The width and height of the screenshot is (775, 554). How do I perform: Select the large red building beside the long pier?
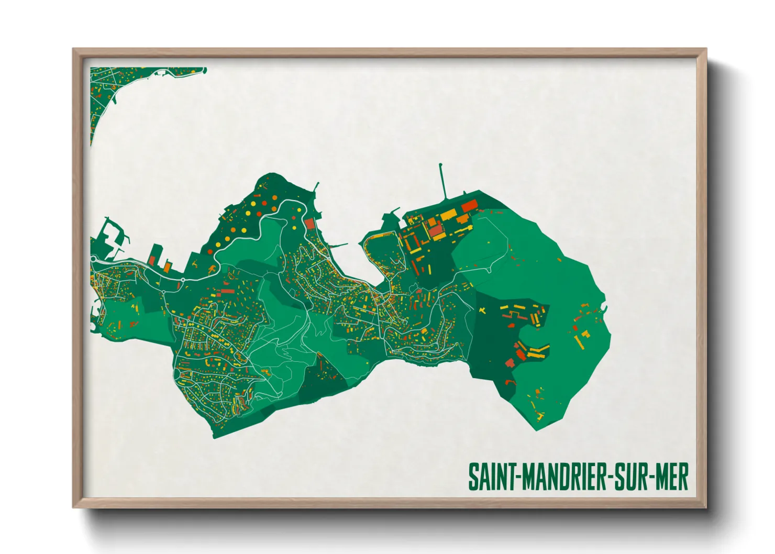[469, 205]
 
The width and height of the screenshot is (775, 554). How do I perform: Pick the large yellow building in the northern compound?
[448, 215]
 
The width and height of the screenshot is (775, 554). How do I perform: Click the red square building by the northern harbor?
[309, 224]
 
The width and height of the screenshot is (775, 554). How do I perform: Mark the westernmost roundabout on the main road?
[94, 259]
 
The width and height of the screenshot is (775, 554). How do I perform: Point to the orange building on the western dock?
[167, 267]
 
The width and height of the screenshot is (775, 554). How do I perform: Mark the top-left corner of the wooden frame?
[74, 50]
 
